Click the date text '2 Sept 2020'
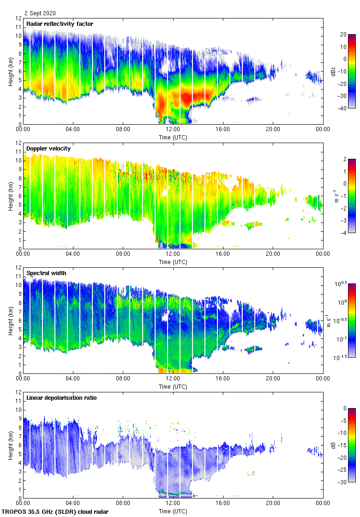point(40,13)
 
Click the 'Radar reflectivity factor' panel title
point(60,24)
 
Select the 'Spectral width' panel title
point(46,273)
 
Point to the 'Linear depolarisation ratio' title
point(61,397)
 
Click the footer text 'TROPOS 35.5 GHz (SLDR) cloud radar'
point(56,511)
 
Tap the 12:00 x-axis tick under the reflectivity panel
point(173,130)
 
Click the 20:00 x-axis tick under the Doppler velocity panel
point(273,254)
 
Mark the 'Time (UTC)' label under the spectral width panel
point(173,386)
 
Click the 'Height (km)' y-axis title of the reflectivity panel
point(11,71)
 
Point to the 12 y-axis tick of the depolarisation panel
point(18,392)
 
